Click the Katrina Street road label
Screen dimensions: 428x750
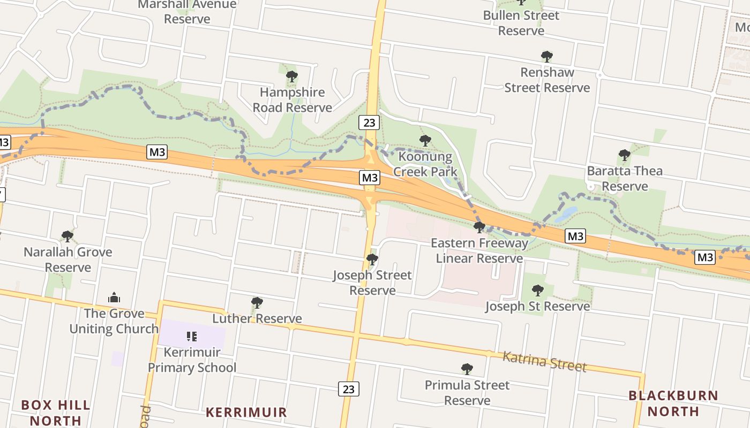(x=544, y=362)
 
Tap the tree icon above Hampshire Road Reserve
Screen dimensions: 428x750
(x=292, y=77)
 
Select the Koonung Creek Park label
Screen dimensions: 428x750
(x=425, y=164)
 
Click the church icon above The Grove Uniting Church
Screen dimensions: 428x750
(x=114, y=297)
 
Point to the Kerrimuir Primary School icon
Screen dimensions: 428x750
(x=192, y=337)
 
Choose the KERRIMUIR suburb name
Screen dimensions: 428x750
(x=246, y=412)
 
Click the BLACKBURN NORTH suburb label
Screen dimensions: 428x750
(x=673, y=403)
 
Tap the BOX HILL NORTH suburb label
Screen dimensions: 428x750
(x=56, y=412)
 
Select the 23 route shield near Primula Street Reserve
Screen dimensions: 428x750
(x=348, y=389)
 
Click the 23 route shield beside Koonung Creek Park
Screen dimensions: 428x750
(x=369, y=123)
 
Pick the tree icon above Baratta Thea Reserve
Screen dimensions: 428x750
(x=624, y=155)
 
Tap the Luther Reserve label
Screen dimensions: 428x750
(x=257, y=319)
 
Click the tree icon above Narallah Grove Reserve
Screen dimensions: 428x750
(x=67, y=236)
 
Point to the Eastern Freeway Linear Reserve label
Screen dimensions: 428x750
(x=479, y=251)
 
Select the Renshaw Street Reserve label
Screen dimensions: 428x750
(x=547, y=80)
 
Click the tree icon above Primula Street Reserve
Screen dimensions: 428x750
(x=467, y=369)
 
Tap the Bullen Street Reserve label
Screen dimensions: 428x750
(x=521, y=23)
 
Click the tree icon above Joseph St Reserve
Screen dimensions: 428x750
(x=537, y=290)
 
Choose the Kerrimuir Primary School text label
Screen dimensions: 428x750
(x=192, y=360)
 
